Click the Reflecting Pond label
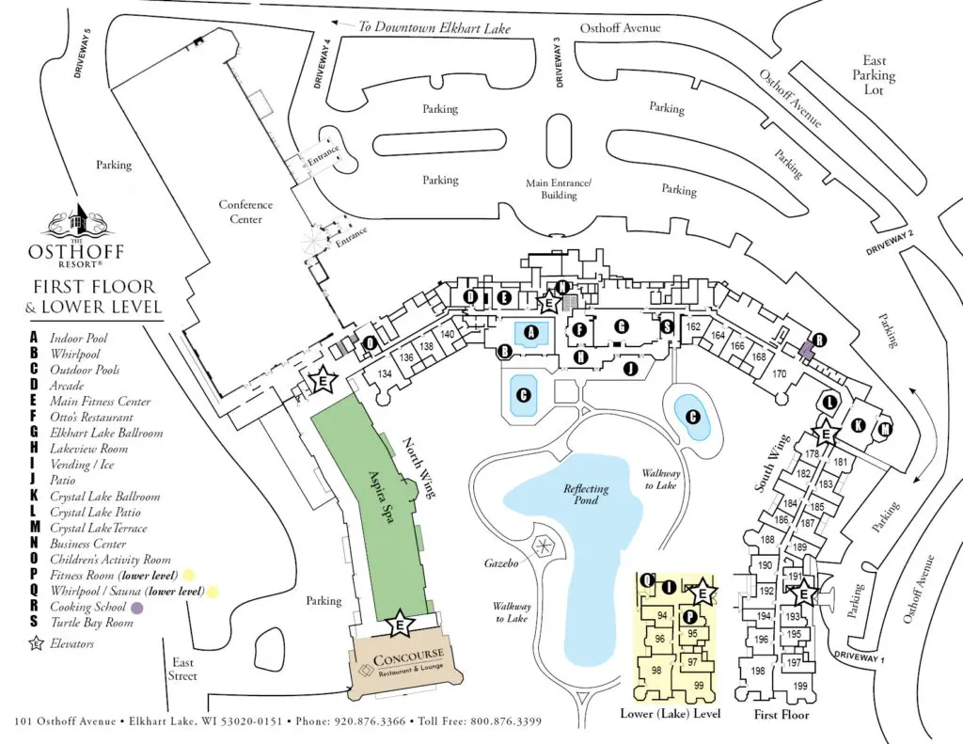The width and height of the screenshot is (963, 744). click(586, 496)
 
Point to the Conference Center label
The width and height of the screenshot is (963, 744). click(245, 212)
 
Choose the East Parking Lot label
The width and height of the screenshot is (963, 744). click(874, 75)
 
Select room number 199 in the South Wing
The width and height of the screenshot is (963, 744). click(800, 687)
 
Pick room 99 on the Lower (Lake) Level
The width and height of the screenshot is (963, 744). click(698, 686)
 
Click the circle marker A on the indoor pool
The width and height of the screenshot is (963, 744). click(532, 332)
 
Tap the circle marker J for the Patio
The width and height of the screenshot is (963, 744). click(630, 370)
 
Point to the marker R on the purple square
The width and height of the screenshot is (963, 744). click(819, 340)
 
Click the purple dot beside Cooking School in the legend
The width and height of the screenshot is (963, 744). click(137, 608)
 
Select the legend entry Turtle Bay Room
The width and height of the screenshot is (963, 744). click(91, 623)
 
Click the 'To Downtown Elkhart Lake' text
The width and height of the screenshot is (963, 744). click(434, 28)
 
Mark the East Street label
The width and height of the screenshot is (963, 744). click(184, 669)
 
